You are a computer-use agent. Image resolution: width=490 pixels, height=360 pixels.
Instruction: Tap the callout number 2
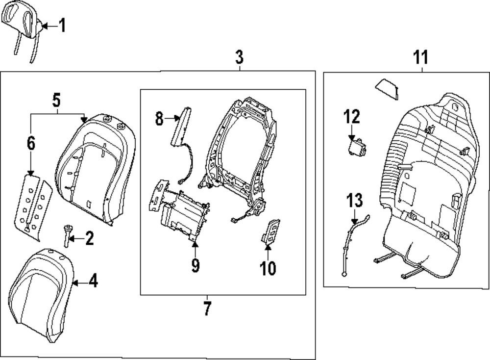pyautogui.click(x=89, y=239)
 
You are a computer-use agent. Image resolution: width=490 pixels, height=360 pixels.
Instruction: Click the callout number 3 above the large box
pyautogui.click(x=239, y=57)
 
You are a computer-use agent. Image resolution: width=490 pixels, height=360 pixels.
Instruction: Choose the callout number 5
pyautogui.click(x=56, y=101)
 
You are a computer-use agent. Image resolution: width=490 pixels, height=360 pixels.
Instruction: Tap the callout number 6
pyautogui.click(x=31, y=143)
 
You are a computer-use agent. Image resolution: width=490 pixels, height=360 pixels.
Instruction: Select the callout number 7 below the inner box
pyautogui.click(x=207, y=309)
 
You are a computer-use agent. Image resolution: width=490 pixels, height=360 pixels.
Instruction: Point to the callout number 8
pyautogui.click(x=159, y=118)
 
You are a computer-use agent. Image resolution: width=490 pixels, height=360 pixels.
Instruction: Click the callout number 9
pyautogui.click(x=195, y=265)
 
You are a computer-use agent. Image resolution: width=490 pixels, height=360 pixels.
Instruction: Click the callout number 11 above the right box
pyautogui.click(x=420, y=57)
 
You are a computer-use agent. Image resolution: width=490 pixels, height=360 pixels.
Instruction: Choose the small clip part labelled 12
pyautogui.click(x=357, y=146)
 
